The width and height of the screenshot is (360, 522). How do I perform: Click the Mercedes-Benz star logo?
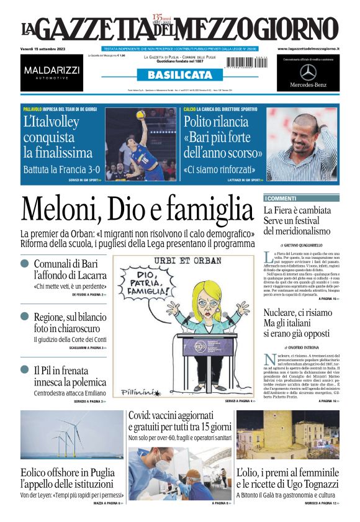[x=308, y=72]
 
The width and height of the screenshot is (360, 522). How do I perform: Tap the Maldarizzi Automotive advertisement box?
[x=52, y=71]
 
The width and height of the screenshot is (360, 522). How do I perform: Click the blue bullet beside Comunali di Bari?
[x=25, y=264]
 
